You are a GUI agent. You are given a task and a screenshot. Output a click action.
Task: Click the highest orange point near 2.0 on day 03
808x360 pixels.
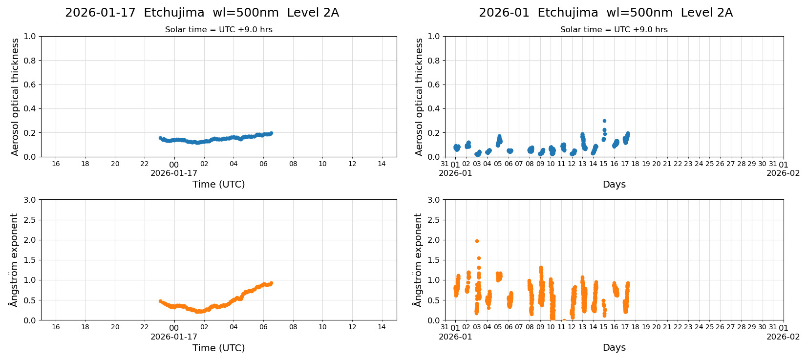point(477,241)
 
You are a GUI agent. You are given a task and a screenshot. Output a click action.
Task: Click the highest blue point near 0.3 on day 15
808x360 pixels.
point(604,121)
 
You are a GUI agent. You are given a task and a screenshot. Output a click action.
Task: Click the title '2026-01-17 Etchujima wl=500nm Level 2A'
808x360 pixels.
point(202,13)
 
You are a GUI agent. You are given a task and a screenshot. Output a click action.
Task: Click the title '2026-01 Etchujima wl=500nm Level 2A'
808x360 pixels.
point(605,13)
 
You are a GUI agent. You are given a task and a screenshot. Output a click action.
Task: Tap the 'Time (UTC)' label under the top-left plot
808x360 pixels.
point(218,184)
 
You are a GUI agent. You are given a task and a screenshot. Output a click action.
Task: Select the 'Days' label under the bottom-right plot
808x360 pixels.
point(614,347)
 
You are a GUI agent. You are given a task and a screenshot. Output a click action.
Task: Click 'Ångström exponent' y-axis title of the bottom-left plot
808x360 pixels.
point(14,260)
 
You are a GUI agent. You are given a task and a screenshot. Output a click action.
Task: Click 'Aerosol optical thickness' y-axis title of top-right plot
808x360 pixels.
point(419,97)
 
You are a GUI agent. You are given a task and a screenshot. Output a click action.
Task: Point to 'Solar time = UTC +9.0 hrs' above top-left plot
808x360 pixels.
point(218,30)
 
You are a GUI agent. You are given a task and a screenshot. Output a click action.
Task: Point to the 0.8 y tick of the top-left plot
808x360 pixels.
point(30,61)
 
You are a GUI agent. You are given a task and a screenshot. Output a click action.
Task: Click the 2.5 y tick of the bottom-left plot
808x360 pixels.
point(30,220)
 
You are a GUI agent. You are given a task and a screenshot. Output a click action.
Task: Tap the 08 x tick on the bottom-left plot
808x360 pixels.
point(293,327)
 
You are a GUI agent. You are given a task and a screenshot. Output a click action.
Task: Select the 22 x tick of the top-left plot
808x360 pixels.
point(145,164)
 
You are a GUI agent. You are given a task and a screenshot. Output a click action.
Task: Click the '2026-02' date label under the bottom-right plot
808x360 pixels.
point(783,337)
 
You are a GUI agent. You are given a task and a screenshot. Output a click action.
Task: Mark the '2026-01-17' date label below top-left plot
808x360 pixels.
point(174,173)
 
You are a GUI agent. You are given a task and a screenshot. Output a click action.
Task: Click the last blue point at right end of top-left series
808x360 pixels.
point(271,133)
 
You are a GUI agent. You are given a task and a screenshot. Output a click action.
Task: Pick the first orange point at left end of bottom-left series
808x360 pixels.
point(160,301)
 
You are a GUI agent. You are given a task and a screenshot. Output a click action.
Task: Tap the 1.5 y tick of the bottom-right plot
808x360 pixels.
point(434,260)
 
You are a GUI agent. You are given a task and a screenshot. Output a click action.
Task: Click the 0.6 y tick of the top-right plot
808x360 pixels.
point(434,85)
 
